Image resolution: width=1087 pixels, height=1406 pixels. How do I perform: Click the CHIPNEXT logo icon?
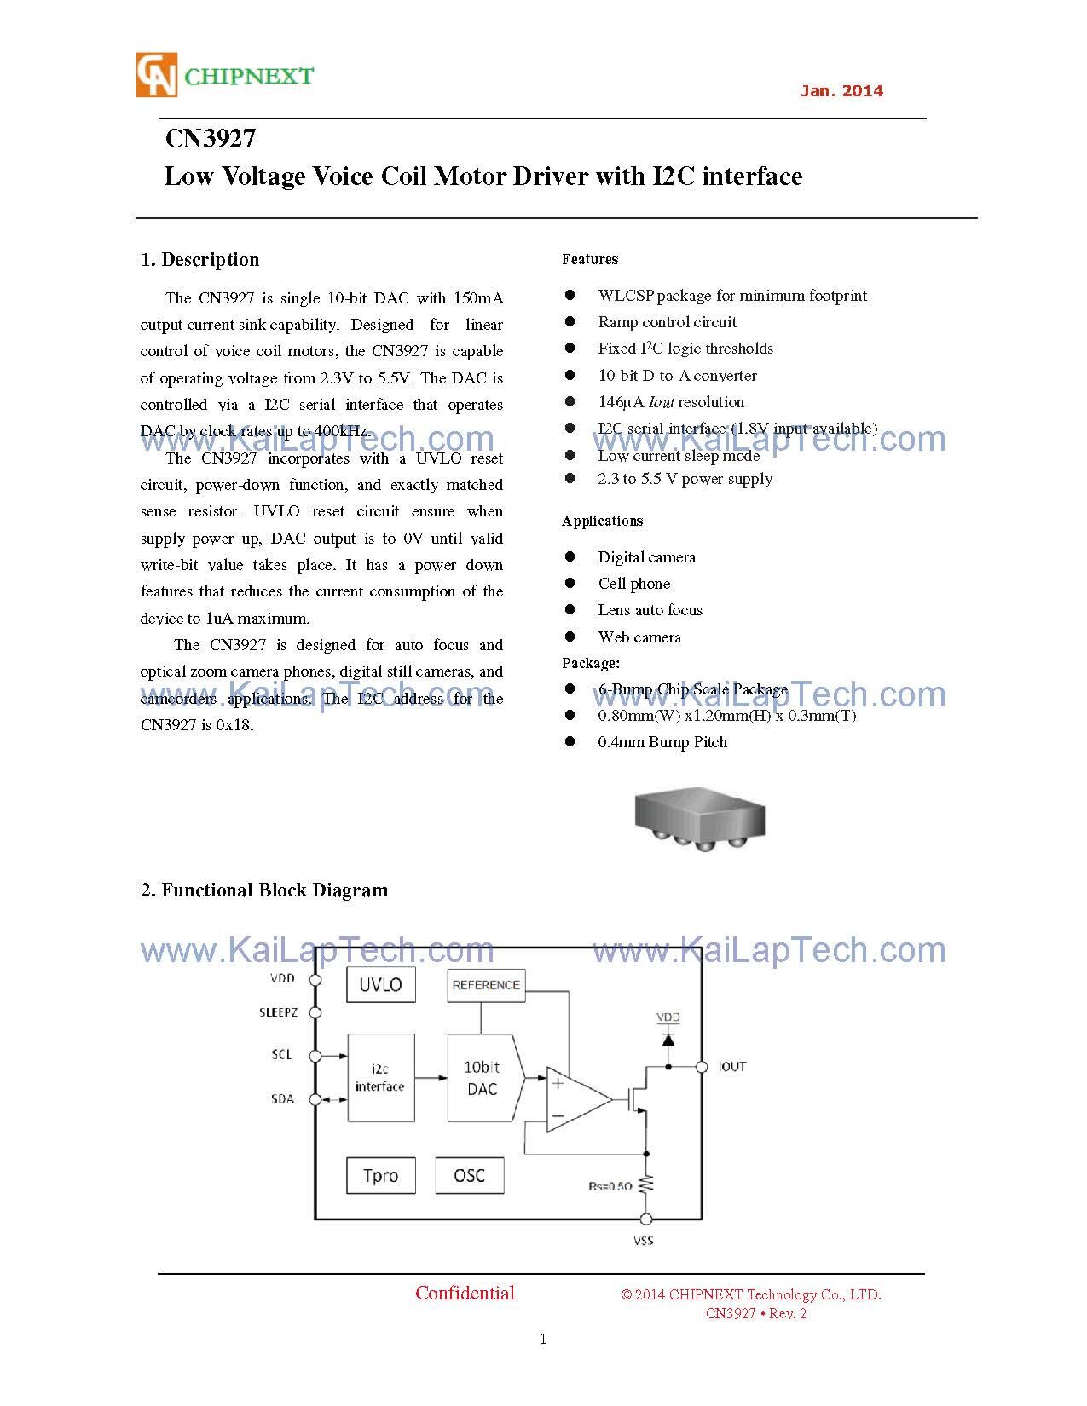[157, 75]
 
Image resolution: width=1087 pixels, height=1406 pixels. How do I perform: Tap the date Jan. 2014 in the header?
[841, 91]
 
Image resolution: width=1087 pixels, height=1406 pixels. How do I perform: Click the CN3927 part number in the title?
[210, 139]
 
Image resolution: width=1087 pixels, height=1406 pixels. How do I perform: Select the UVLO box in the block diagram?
[380, 985]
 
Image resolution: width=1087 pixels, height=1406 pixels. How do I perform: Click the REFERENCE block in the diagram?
[485, 985]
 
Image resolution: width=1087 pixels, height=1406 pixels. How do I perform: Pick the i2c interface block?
[380, 1078]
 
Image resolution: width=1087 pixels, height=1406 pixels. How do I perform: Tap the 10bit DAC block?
[482, 1078]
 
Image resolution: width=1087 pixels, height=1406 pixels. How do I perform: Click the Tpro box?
[380, 1176]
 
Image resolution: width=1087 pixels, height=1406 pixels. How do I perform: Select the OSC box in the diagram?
[469, 1176]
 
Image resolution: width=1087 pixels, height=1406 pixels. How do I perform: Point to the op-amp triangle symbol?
[575, 1099]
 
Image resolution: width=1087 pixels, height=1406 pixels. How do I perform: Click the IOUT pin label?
[732, 1067]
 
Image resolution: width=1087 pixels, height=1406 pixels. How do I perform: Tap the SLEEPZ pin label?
[279, 1013]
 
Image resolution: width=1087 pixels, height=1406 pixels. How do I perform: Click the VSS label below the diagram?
[644, 1241]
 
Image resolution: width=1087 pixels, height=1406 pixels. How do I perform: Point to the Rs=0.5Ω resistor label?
[610, 1186]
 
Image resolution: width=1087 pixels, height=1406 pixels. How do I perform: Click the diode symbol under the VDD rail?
[668, 1040]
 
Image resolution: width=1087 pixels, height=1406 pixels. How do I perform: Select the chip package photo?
[699, 816]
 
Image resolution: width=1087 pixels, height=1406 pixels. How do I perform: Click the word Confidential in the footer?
[465, 1294]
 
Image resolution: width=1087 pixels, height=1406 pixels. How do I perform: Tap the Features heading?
[590, 259]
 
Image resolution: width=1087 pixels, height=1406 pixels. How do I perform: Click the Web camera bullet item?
[639, 637]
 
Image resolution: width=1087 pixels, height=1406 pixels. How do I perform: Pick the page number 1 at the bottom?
[543, 1339]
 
